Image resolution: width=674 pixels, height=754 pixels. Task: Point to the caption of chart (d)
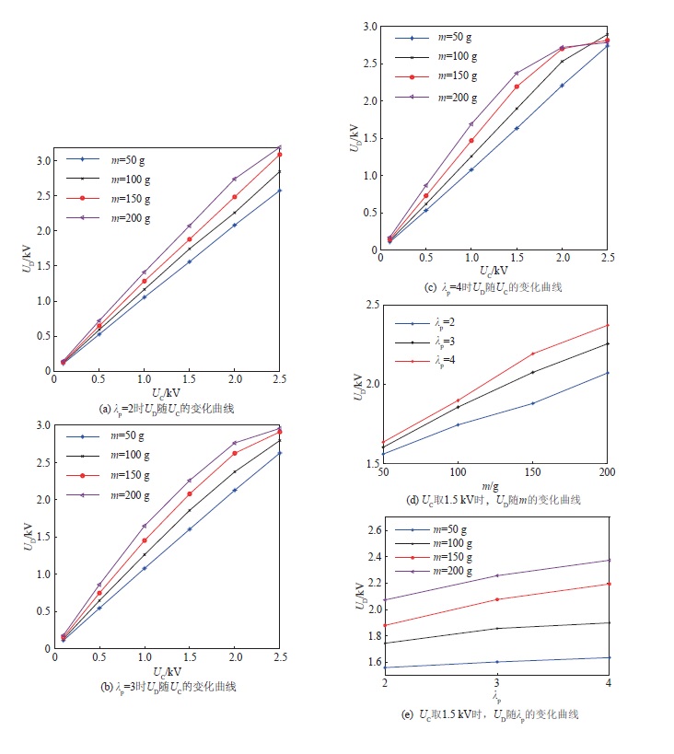click(x=494, y=500)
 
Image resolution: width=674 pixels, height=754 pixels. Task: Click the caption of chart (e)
click(x=494, y=714)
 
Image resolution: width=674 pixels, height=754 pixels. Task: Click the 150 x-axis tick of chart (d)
click(x=532, y=472)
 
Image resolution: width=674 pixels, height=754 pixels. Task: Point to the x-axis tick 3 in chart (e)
click(x=496, y=683)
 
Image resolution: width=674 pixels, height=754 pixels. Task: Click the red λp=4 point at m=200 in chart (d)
click(x=608, y=325)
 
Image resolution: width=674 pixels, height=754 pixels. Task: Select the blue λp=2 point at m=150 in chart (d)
click(x=532, y=403)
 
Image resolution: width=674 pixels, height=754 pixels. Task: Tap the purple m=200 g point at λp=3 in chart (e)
click(x=496, y=575)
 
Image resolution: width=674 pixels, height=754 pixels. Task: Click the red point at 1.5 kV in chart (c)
click(x=517, y=87)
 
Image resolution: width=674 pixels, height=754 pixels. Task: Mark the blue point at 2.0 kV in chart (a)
click(x=235, y=225)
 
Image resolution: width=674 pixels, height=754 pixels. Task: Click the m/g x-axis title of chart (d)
click(x=493, y=485)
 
